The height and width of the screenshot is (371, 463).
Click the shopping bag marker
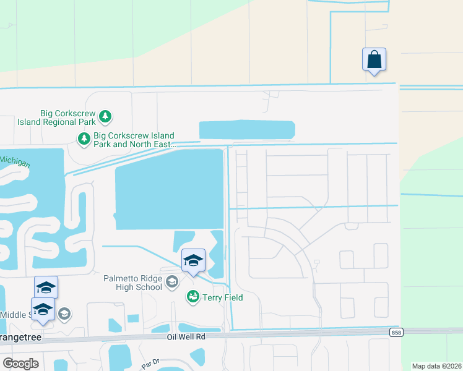pyautogui.click(x=374, y=60)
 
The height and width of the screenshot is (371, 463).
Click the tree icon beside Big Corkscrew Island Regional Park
pyautogui.click(x=106, y=116)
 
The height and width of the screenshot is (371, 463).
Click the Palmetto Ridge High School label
pyautogui.click(x=133, y=283)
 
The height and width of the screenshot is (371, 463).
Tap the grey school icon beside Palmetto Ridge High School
pyautogui.click(x=172, y=283)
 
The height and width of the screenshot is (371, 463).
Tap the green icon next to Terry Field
pyautogui.click(x=193, y=297)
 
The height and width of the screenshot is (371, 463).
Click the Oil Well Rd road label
pyautogui.click(x=186, y=337)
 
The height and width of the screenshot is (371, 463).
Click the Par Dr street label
pyautogui.click(x=150, y=365)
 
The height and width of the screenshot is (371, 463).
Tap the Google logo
pyautogui.click(x=20, y=364)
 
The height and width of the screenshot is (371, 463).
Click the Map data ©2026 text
pyautogui.click(x=436, y=366)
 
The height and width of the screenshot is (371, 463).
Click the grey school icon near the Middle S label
pyautogui.click(x=64, y=315)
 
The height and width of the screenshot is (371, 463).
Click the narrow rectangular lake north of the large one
pyautogui.click(x=246, y=130)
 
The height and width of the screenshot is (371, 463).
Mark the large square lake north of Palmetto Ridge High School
pyautogui.click(x=168, y=189)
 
